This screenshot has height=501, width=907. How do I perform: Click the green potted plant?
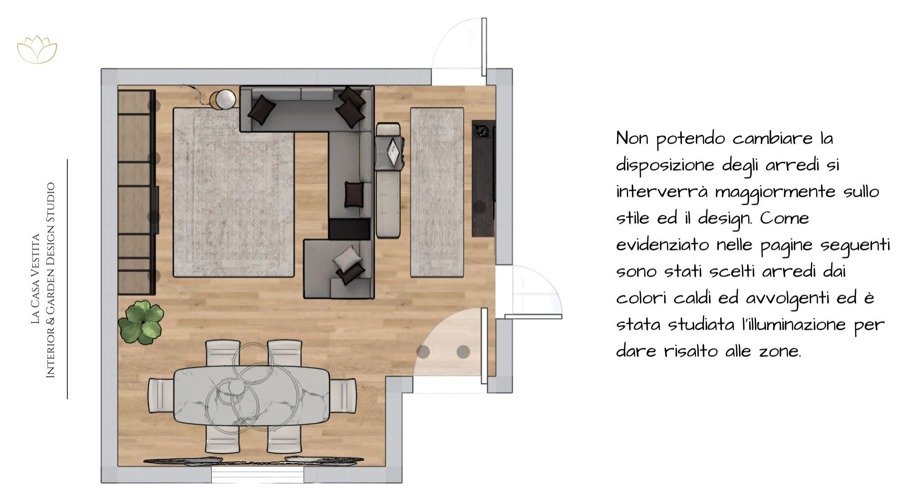click(141, 321)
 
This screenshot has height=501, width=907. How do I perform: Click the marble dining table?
click(251, 395)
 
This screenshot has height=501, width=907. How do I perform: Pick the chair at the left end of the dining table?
click(161, 395)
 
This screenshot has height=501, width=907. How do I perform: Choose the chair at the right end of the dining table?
click(342, 395)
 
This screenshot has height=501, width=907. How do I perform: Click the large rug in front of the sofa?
click(233, 192)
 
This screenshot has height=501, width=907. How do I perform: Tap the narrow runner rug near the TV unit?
click(436, 192)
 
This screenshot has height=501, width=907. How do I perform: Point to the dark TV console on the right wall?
click(484, 178)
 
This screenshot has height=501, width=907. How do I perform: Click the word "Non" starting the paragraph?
click(632, 139)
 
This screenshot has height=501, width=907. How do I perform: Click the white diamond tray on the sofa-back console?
click(393, 152)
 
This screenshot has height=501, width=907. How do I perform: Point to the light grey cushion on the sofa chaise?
click(346, 259)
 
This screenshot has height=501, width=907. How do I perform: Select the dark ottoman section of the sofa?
click(349, 229)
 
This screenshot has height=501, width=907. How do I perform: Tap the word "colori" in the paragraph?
click(639, 298)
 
